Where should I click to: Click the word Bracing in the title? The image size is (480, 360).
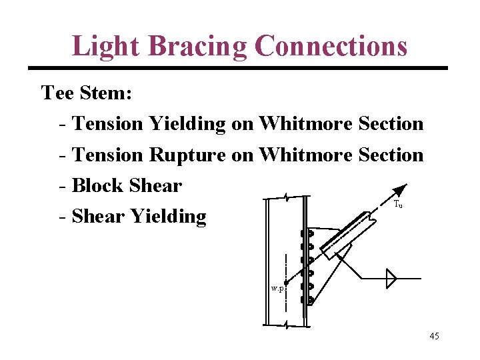tap(197, 47)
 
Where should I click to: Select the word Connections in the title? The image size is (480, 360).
tap(331, 47)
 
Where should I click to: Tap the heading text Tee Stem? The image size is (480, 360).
tap(87, 93)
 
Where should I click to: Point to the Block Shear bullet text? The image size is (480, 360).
tap(126, 185)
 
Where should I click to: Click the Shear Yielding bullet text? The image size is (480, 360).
tap(139, 216)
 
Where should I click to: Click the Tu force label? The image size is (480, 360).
tap(398, 205)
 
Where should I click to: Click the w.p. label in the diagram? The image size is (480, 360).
tap(277, 289)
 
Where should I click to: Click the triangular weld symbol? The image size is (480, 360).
tap(391, 278)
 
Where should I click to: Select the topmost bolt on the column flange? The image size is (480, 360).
tap(307, 235)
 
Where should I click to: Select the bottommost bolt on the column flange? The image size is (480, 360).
tap(307, 300)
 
